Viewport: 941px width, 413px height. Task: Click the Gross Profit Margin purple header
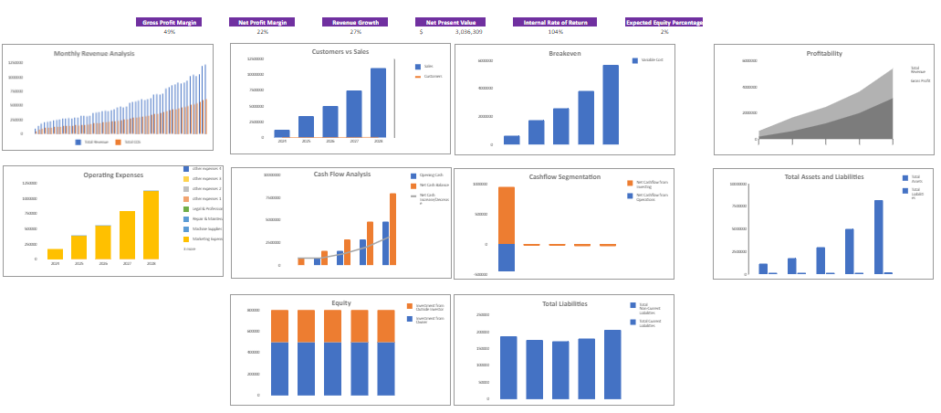[x=169, y=22]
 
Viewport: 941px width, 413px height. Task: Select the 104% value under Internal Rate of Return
[x=555, y=32]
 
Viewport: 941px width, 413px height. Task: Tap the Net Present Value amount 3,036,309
[x=469, y=32]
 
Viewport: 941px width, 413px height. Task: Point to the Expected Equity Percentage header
[x=664, y=22]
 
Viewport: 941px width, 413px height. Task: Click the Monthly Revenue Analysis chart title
[x=94, y=54]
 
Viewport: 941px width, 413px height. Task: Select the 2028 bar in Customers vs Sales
[x=378, y=102]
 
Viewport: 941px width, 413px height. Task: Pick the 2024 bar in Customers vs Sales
[x=282, y=133]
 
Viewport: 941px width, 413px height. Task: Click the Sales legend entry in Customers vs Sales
[x=428, y=67]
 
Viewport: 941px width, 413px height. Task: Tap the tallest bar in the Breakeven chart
[x=611, y=104]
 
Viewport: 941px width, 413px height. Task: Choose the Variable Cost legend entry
[x=651, y=60]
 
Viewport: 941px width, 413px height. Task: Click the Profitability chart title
[x=824, y=54]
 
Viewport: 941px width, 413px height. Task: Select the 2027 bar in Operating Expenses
[x=127, y=235]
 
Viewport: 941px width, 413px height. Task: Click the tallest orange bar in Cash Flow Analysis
[x=392, y=228]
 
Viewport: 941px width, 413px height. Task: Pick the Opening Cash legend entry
[x=429, y=175]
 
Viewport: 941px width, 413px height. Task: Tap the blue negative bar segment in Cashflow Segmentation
[x=506, y=258]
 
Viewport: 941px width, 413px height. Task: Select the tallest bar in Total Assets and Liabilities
[x=878, y=237]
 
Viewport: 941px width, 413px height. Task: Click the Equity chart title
[x=341, y=302]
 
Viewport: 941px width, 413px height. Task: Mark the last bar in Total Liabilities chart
[x=612, y=365]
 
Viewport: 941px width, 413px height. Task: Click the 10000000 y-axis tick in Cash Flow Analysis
[x=272, y=175]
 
